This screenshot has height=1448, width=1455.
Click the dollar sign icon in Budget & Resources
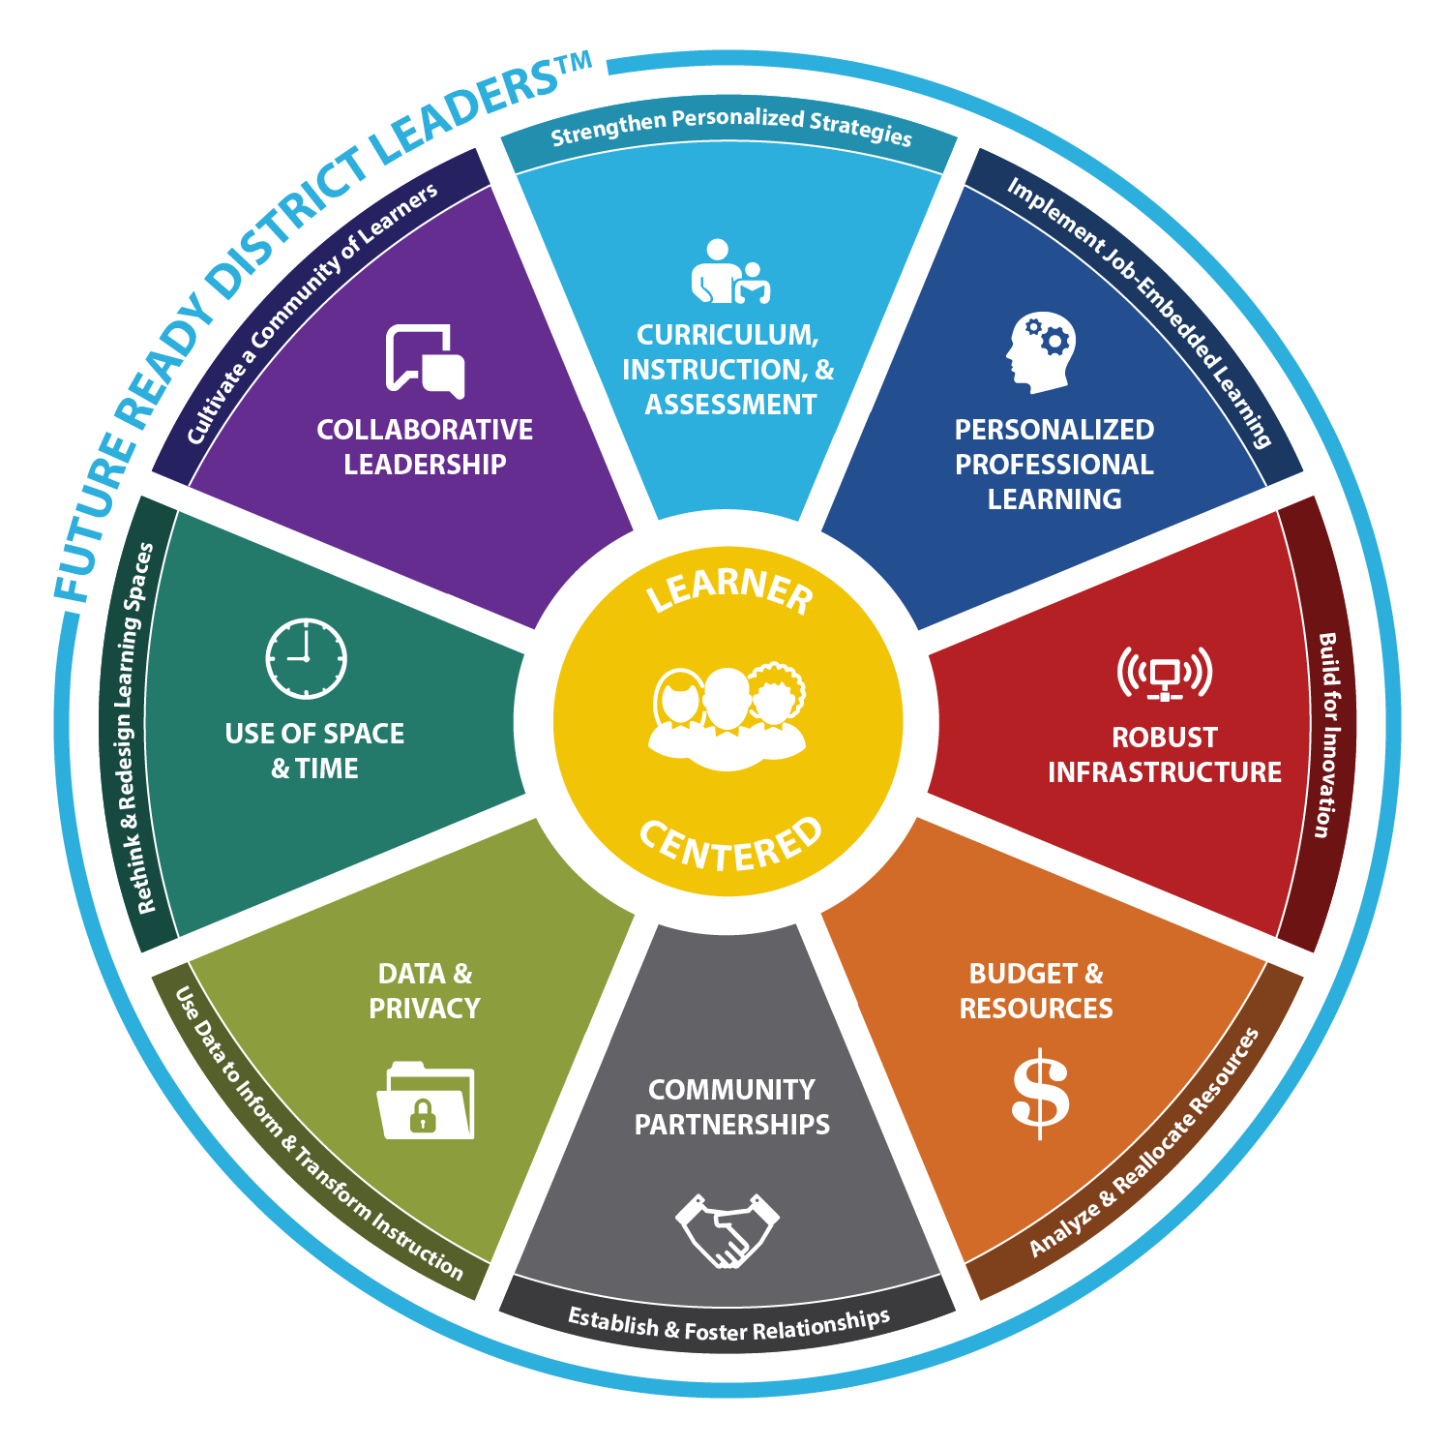[x=1040, y=1093]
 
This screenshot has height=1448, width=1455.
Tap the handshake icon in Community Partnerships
[x=727, y=1230]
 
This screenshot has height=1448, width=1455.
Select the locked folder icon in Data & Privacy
[x=426, y=1101]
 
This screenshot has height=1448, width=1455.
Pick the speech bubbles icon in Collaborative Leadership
[x=426, y=361]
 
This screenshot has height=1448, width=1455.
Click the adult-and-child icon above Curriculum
[x=730, y=272]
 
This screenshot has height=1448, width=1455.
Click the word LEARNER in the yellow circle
[x=729, y=590]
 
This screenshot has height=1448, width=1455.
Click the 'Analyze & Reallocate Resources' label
[x=1144, y=1143]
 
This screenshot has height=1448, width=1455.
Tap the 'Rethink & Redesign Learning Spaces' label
[x=134, y=728]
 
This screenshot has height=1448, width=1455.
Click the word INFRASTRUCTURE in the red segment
[x=1165, y=772]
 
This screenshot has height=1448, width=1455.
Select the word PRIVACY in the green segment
[x=425, y=1009]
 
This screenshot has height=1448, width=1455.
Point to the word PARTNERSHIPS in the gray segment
[x=732, y=1125]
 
